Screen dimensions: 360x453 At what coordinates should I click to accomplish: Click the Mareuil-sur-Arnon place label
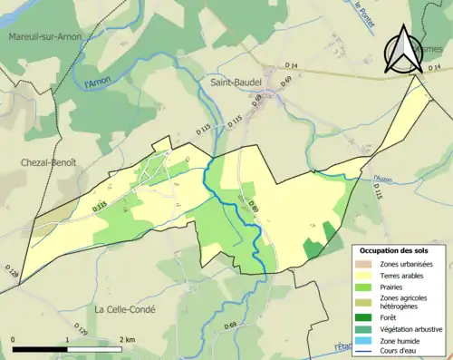click(x=43, y=36)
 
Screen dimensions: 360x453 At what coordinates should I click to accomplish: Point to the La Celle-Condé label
click(x=125, y=310)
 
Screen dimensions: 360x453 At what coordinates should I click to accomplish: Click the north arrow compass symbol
click(x=402, y=50)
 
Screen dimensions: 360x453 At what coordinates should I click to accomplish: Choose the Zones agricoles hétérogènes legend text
click(x=408, y=301)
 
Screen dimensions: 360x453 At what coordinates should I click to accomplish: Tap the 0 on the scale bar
click(x=14, y=340)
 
